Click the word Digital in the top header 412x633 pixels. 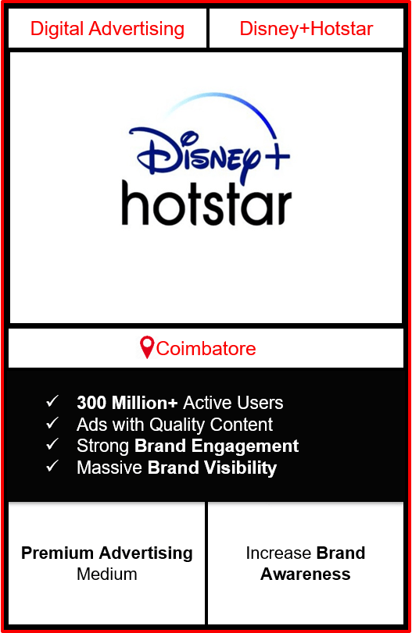click(57, 30)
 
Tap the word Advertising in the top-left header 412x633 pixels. click(137, 30)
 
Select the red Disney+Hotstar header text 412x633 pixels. click(306, 29)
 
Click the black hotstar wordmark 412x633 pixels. click(206, 204)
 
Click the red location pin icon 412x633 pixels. click(147, 347)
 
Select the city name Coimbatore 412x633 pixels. click(206, 348)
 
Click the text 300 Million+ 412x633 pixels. click(127, 403)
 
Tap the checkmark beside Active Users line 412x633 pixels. click(52, 401)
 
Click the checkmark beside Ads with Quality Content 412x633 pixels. click(52, 423)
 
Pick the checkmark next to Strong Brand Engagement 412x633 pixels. click(52, 444)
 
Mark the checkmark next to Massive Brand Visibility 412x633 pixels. click(52, 466)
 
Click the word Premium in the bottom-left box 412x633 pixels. click(57, 553)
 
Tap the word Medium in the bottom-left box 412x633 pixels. click(107, 574)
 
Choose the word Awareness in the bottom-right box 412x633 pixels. click(305, 574)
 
